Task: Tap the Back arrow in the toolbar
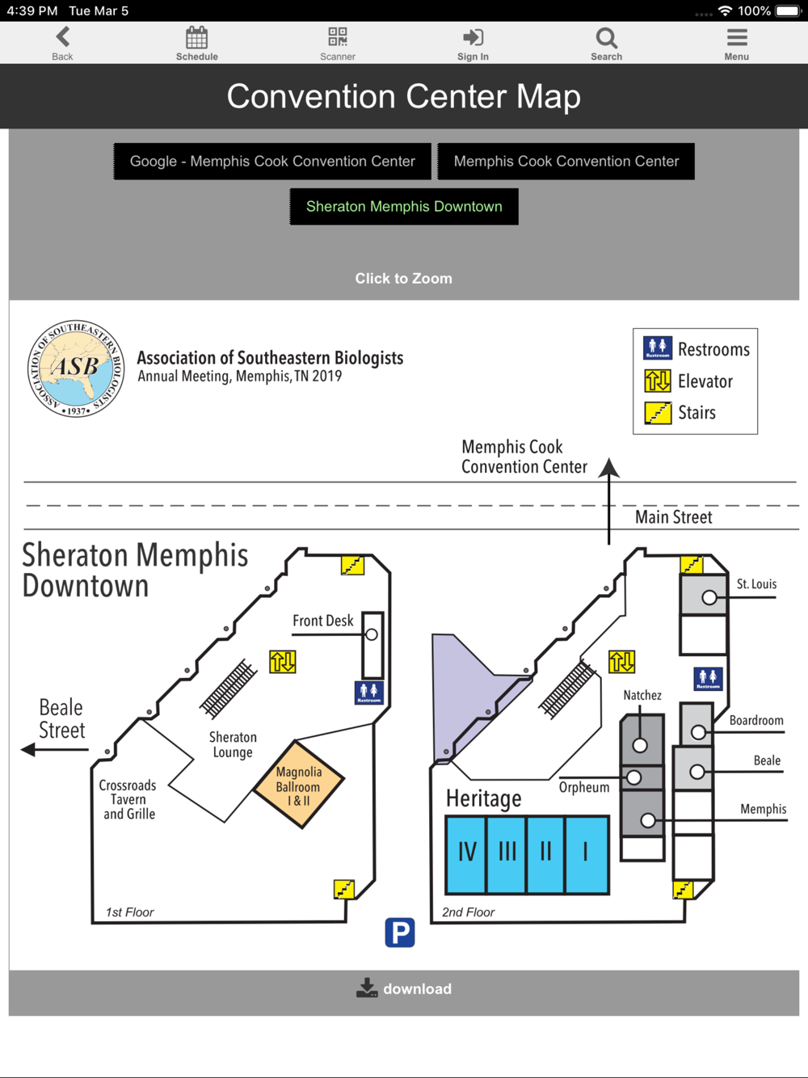pyautogui.click(x=63, y=37)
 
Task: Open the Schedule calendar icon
pyautogui.click(x=197, y=37)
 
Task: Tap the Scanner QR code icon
pyautogui.click(x=338, y=37)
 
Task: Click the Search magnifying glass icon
pyautogui.click(x=607, y=38)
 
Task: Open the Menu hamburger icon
pyautogui.click(x=737, y=37)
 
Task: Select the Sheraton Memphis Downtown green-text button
pyautogui.click(x=404, y=207)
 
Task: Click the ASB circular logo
pyautogui.click(x=76, y=368)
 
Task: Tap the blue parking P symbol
pyautogui.click(x=400, y=932)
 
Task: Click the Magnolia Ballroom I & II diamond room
pyautogui.click(x=299, y=785)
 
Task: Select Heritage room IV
pyautogui.click(x=466, y=854)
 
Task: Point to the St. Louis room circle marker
pyautogui.click(x=709, y=598)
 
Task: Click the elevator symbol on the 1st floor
pyautogui.click(x=283, y=662)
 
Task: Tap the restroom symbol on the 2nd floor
pyautogui.click(x=708, y=679)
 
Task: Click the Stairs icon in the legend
pyautogui.click(x=658, y=413)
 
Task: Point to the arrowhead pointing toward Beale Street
pyautogui.click(x=28, y=749)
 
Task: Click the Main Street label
pyautogui.click(x=674, y=517)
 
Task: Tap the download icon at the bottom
pyautogui.click(x=367, y=987)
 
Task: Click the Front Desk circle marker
pyautogui.click(x=372, y=634)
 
